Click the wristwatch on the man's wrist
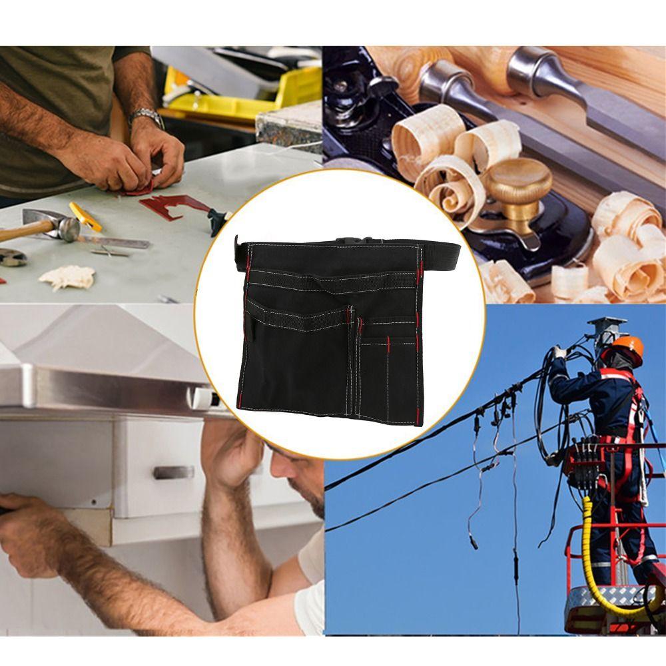[147, 118]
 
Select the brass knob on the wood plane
[518, 180]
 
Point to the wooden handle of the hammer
[20, 233]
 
